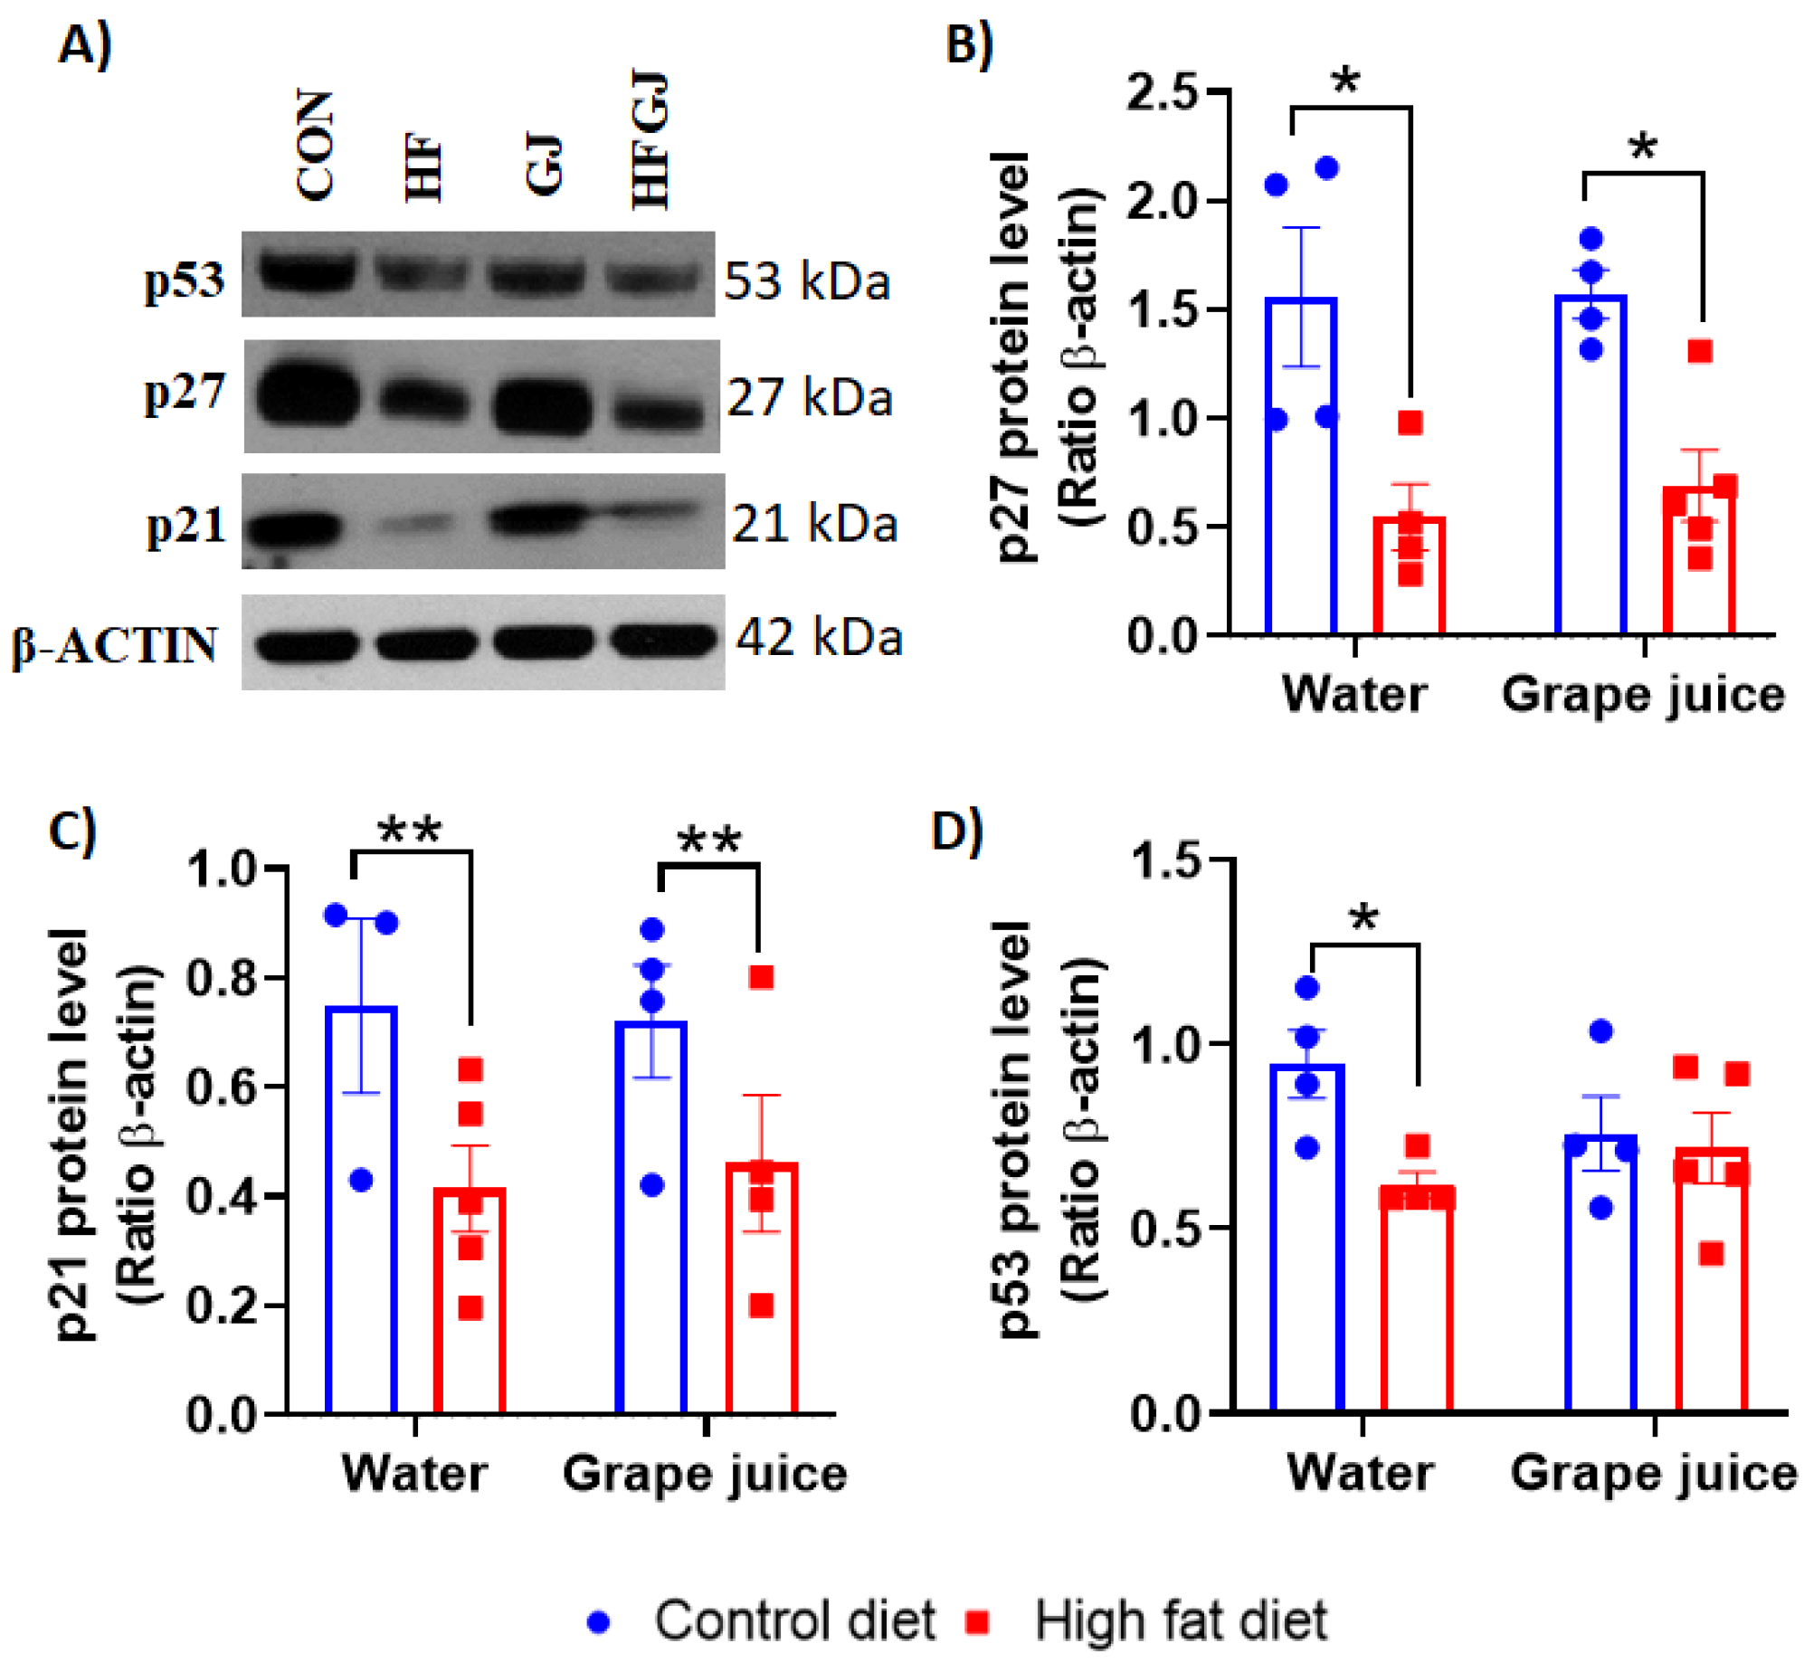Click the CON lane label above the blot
[x=315, y=145]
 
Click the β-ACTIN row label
[x=115, y=645]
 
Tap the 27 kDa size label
[x=810, y=397]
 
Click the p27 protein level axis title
[x=1013, y=357]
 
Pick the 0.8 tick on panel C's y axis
[x=223, y=978]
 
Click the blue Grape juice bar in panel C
[x=650, y=1217]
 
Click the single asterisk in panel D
[x=1363, y=918]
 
